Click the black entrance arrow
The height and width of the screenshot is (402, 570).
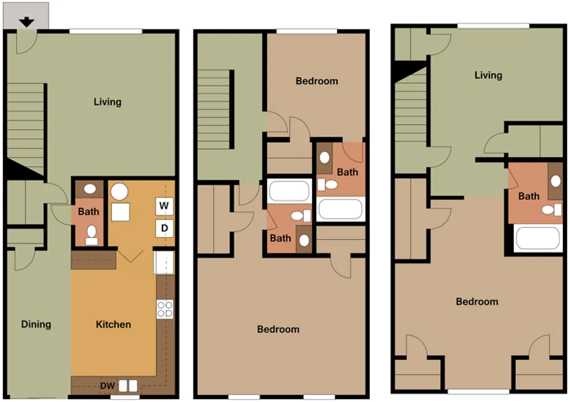pyautogui.click(x=27, y=22)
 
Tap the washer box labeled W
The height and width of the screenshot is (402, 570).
pyautogui.click(x=164, y=206)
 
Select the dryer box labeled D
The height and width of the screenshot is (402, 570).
pyautogui.click(x=164, y=228)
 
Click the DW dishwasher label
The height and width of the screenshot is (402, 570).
pyautogui.click(x=108, y=386)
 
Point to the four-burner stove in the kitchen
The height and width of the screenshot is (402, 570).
pyautogui.click(x=165, y=309)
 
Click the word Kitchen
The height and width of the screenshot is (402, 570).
pyautogui.click(x=113, y=324)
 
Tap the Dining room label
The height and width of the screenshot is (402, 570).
pyautogui.click(x=36, y=324)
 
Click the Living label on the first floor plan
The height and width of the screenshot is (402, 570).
pyautogui.click(x=108, y=102)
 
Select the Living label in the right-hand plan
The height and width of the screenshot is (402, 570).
pyautogui.click(x=488, y=75)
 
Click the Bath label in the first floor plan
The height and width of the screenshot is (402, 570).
pyautogui.click(x=88, y=211)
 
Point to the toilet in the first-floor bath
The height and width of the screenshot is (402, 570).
pyautogui.click(x=91, y=235)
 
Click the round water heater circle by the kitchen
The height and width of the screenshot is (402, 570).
pyautogui.click(x=119, y=191)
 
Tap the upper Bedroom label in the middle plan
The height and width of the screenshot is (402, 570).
pyautogui.click(x=317, y=81)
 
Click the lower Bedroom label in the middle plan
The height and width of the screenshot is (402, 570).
pyautogui.click(x=279, y=329)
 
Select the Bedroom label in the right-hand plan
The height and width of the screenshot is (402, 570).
pyautogui.click(x=477, y=301)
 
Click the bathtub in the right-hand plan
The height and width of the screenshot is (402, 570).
pyautogui.click(x=538, y=238)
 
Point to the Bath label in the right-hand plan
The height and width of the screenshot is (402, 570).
pyautogui.click(x=529, y=196)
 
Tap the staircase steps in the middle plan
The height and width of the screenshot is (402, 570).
pyautogui.click(x=214, y=109)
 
